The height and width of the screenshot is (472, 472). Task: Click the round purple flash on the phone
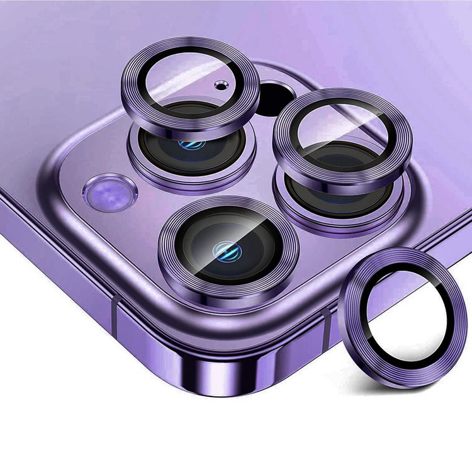tap(110, 193)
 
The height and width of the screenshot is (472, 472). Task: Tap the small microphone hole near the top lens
tap(219, 84)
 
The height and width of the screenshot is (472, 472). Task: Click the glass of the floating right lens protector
tap(342, 135)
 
